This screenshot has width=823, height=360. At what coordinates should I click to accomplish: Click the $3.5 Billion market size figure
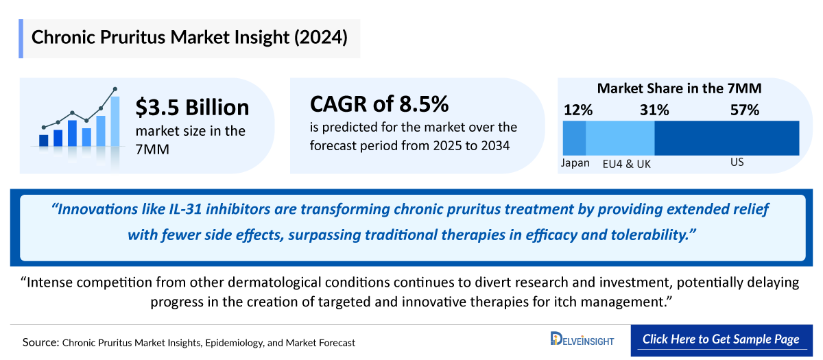(x=192, y=107)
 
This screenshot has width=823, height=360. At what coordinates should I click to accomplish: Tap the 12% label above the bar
(x=578, y=110)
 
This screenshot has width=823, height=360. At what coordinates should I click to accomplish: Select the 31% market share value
(x=654, y=110)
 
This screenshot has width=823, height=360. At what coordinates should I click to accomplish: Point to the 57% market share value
(x=745, y=110)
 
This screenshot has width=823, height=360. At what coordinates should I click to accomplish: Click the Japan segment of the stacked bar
(x=574, y=138)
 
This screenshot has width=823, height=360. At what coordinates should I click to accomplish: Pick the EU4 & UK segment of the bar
(x=620, y=138)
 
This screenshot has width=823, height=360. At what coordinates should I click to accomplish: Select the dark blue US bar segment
(x=727, y=138)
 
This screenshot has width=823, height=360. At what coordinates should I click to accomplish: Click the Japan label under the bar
(x=575, y=163)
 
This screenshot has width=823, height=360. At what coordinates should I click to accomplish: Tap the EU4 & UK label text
(x=626, y=164)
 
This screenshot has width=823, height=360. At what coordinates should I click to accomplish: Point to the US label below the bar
(x=737, y=162)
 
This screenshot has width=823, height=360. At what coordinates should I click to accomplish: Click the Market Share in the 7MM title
(x=680, y=88)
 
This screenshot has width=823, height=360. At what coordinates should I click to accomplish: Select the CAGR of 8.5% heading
(x=379, y=104)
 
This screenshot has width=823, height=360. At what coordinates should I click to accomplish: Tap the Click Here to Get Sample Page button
(x=721, y=340)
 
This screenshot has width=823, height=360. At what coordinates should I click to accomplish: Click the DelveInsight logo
(x=582, y=339)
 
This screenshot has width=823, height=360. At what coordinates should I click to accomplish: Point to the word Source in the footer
(x=40, y=342)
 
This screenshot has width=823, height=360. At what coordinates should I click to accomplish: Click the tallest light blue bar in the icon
(x=115, y=121)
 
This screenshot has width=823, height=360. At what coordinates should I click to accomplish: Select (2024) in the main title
(x=320, y=38)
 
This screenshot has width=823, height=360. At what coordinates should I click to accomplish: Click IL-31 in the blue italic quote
(x=184, y=209)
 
